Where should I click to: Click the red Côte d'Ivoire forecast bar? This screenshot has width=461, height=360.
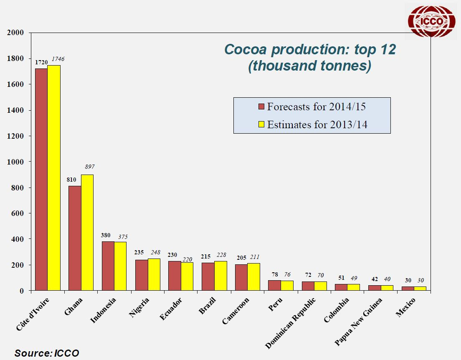(41, 180)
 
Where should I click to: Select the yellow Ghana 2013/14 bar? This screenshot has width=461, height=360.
(87, 233)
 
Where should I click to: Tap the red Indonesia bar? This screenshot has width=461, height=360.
(108, 266)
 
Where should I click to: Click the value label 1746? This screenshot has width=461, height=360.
(58, 59)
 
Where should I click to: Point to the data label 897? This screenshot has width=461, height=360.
(90, 167)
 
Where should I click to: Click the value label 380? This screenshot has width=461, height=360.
(106, 235)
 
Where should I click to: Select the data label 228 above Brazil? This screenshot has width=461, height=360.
(221, 255)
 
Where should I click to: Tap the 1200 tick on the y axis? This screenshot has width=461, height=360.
(15, 136)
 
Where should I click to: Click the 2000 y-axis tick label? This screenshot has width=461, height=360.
(15, 33)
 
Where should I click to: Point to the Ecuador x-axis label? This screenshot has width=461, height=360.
(171, 309)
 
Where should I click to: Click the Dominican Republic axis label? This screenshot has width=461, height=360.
(291, 323)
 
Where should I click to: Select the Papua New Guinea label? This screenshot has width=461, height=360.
(358, 322)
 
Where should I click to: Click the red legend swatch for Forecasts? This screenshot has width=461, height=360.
(261, 106)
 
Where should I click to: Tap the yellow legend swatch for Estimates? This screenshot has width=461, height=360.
(261, 124)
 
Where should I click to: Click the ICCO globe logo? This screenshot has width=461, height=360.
(431, 21)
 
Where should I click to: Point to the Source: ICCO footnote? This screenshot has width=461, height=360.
(47, 353)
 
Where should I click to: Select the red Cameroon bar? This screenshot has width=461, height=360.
(241, 278)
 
